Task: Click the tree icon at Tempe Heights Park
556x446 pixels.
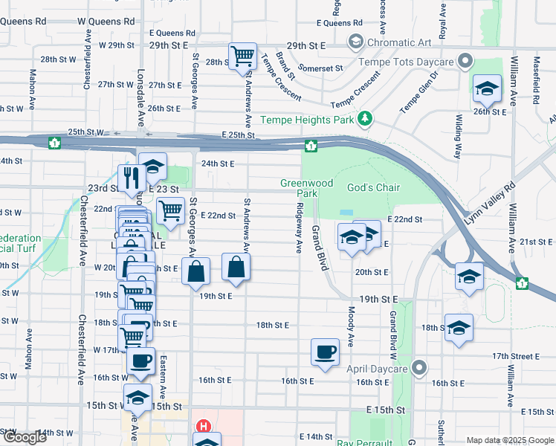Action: point(364,119)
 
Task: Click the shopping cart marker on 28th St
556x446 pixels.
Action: point(242,56)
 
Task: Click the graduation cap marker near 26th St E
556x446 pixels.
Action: point(486,90)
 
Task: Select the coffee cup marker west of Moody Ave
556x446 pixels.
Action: point(324,353)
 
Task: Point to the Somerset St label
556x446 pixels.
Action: point(321,68)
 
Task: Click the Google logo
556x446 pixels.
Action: point(25,437)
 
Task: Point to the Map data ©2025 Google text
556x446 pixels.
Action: point(509,440)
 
